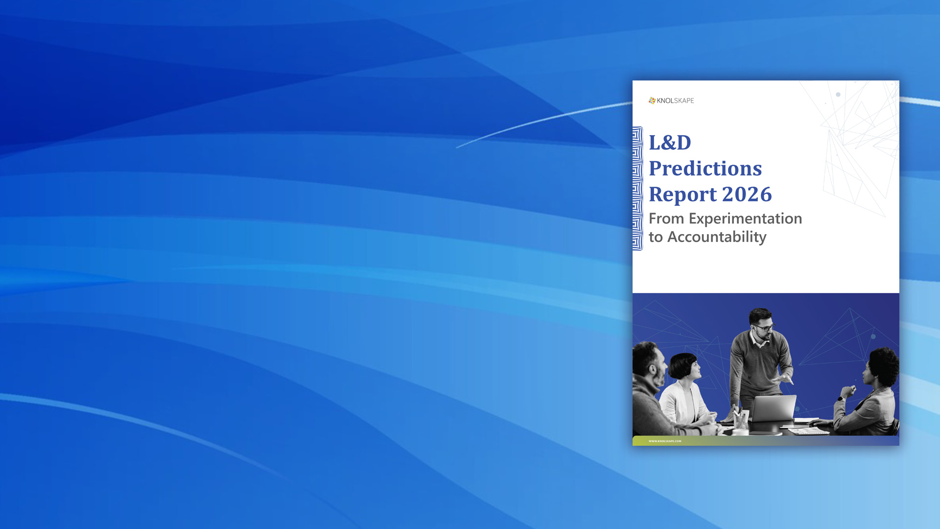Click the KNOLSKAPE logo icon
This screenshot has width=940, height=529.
coord(652,100)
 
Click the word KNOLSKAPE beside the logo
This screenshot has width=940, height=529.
coord(676,101)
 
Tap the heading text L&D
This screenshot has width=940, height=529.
coord(670,143)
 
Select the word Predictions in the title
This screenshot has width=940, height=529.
coord(705,168)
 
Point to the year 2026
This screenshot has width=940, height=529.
coord(747,194)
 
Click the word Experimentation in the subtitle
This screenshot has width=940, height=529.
coord(746,219)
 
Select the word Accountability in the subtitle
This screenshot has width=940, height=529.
coord(717,238)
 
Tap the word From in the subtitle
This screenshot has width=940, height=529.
coord(666,218)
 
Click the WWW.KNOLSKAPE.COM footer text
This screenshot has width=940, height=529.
coord(665,441)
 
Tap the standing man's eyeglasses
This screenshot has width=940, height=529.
coord(764,327)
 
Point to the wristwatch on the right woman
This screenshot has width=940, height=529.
coord(841,398)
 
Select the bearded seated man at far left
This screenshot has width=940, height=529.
coord(654,389)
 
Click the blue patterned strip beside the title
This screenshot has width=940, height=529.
coord(637,189)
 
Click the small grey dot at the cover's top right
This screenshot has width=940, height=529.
coord(838,95)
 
